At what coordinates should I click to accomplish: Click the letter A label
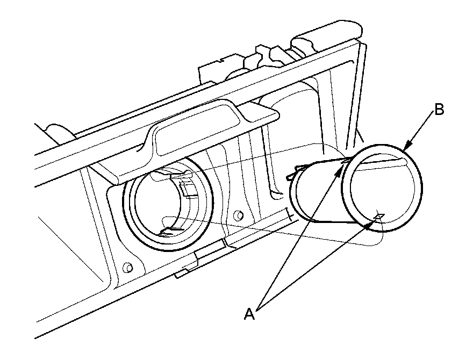click(x=249, y=314)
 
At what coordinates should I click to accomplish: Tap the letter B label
click(x=439, y=110)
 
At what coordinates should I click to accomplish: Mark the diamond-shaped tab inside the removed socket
click(x=378, y=217)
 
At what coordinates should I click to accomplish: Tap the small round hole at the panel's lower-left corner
click(x=127, y=267)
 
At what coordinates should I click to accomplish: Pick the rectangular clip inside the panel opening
click(x=188, y=188)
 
